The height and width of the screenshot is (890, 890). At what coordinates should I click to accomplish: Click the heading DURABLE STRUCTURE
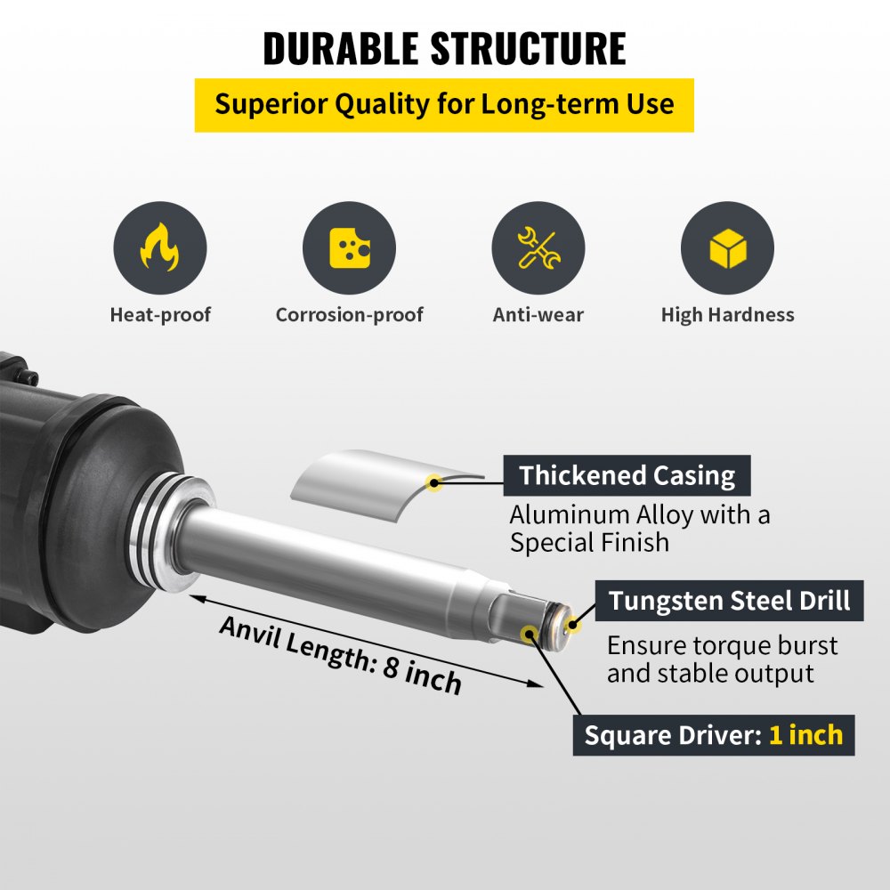444,48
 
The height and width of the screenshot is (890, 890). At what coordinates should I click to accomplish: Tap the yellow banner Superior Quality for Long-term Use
444,104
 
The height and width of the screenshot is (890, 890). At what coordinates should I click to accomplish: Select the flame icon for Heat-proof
160,248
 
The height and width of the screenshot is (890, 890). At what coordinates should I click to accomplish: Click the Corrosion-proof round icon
349,248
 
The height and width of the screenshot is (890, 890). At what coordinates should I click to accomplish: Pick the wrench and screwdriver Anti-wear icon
538,248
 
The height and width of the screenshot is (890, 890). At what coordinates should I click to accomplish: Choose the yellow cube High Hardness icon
727,248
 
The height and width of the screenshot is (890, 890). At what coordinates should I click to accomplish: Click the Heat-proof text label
160,315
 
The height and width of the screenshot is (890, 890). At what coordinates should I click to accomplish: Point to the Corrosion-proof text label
349,315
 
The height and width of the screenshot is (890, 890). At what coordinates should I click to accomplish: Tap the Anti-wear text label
538,315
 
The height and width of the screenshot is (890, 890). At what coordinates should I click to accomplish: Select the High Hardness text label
727,315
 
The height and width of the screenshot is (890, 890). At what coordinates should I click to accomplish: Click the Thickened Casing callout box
627,475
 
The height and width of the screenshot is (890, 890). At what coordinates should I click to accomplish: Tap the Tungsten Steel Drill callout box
729,601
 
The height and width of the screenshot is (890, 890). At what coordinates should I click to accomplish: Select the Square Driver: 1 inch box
713,735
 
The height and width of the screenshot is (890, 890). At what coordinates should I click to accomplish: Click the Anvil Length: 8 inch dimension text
341,653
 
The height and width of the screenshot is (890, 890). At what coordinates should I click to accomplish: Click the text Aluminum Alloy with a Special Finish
639,529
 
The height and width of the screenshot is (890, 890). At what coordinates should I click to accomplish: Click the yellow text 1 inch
805,735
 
